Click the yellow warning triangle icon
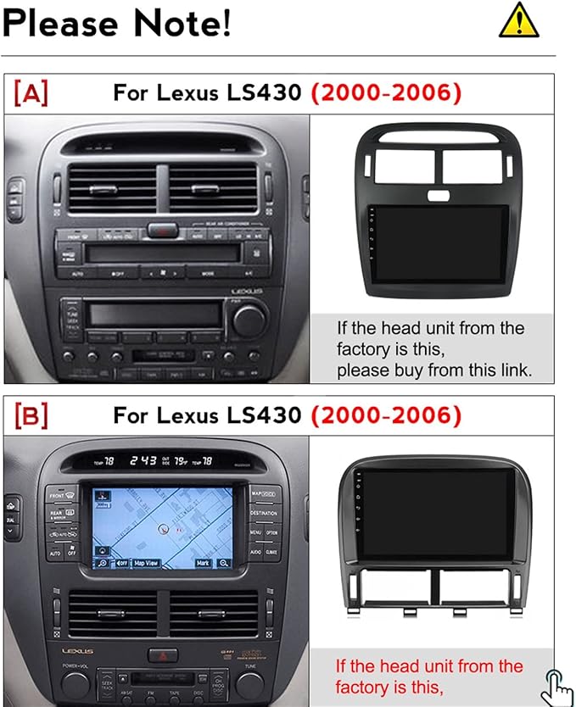(519, 20)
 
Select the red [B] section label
(31, 415)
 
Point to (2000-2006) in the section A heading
(385, 93)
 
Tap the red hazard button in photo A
(160, 229)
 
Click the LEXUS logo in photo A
(247, 292)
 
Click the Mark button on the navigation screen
(202, 562)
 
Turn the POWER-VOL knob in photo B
(75, 684)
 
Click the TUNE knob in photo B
(249, 684)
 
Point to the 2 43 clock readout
(143, 460)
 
